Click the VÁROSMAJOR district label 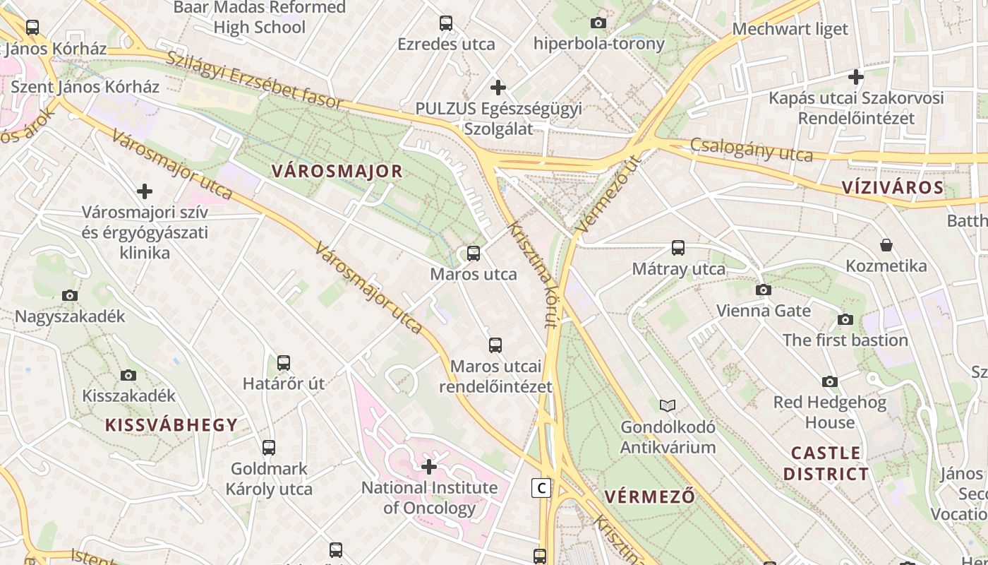tap(337, 171)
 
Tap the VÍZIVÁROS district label tap(893, 187)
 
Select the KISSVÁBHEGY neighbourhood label tap(171, 424)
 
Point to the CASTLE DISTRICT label tap(826, 463)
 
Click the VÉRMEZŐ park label tap(649, 496)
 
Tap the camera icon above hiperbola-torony tap(598, 23)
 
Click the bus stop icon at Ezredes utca tap(446, 23)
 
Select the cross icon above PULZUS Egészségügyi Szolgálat tap(498, 88)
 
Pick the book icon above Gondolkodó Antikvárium tap(668, 405)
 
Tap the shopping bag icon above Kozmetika tap(886, 245)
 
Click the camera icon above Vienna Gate tap(764, 290)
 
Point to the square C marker tap(541, 487)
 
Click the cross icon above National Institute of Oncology tap(429, 466)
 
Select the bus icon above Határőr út tap(284, 363)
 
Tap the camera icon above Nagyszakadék tap(70, 295)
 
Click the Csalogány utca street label tap(752, 150)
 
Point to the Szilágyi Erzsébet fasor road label tap(254, 80)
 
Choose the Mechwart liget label tap(790, 29)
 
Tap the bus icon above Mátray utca tap(678, 248)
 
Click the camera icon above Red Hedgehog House tap(830, 381)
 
